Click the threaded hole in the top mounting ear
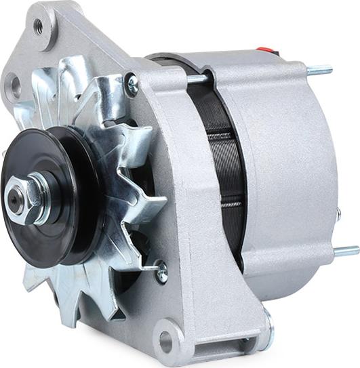(x=39, y=26)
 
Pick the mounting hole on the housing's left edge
(x=14, y=85)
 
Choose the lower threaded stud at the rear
(x=345, y=251)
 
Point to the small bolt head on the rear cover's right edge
(x=338, y=215)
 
